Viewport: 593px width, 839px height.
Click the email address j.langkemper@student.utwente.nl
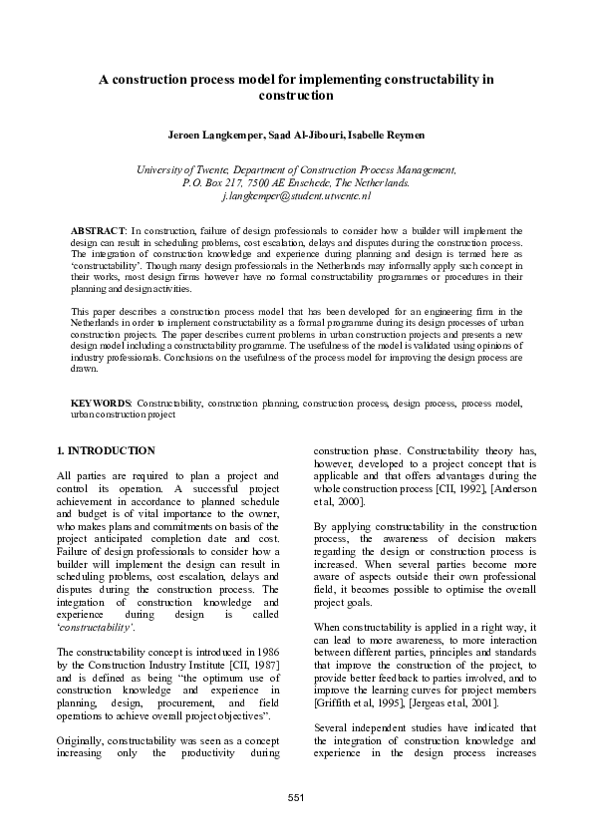pyautogui.click(x=296, y=198)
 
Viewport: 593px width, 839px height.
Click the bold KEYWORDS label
pyautogui.click(x=101, y=403)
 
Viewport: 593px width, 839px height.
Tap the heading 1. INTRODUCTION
pyautogui.click(x=106, y=450)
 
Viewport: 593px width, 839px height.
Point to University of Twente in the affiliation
pyautogui.click(x=178, y=170)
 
